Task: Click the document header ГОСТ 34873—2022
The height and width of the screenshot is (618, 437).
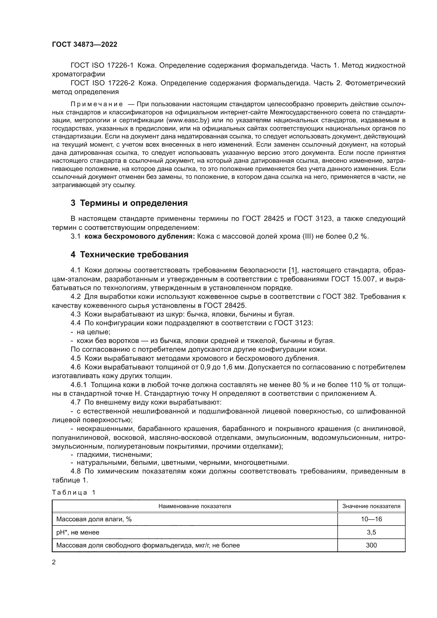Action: (x=85, y=45)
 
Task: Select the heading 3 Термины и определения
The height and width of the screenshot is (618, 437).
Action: (x=129, y=203)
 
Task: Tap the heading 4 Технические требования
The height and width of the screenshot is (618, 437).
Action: (x=129, y=254)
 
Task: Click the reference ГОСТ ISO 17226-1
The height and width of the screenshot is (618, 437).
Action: (x=102, y=66)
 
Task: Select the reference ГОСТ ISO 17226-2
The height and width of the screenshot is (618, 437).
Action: (x=103, y=83)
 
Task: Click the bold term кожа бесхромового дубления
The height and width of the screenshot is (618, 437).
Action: (x=140, y=236)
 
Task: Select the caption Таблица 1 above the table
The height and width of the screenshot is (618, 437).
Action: (x=74, y=492)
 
